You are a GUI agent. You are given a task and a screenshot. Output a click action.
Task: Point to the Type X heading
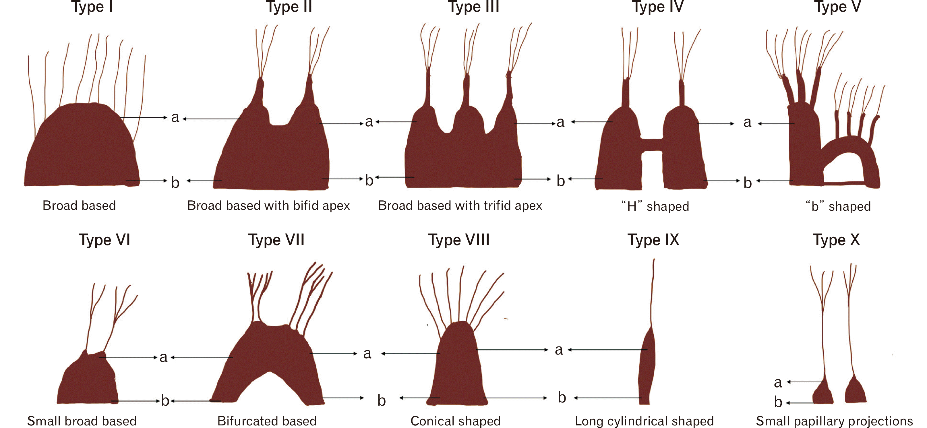(836, 240)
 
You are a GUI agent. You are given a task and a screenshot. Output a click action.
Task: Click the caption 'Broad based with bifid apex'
(268, 206)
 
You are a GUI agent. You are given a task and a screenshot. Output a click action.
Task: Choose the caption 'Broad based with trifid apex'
(460, 206)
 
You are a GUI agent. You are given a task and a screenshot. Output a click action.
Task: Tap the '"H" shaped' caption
(655, 206)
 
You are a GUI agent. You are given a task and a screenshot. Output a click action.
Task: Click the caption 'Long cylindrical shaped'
(644, 421)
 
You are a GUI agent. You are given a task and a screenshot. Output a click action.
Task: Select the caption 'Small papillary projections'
(834, 421)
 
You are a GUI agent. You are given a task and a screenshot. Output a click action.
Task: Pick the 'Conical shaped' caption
(455, 421)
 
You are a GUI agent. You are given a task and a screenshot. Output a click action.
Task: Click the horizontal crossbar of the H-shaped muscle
(652, 144)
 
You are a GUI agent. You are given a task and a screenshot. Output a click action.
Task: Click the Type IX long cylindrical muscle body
(647, 367)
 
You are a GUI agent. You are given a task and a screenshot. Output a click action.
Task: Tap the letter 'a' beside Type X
(778, 382)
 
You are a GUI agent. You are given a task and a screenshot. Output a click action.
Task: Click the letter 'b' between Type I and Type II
(175, 182)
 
